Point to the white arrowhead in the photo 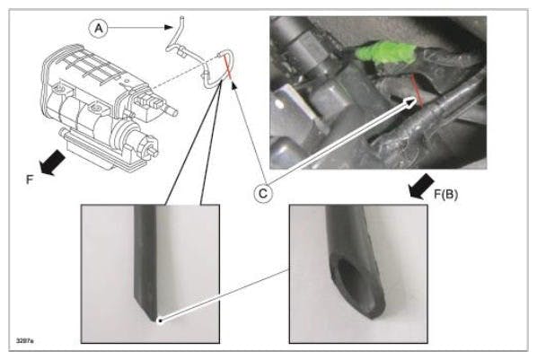pyautogui.click(x=413, y=103)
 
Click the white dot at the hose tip pyautogui.click(x=158, y=318)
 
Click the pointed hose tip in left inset pyautogui.click(x=154, y=310)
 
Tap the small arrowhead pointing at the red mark pyautogui.click(x=235, y=84)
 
